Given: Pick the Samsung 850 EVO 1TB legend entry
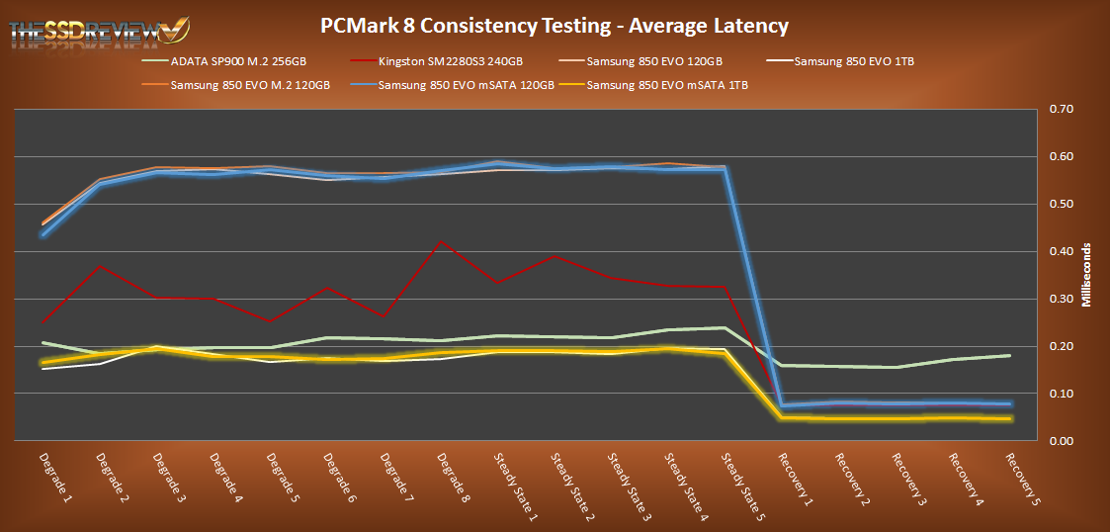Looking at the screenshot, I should (853, 62).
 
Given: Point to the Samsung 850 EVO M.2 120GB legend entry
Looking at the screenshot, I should (250, 85).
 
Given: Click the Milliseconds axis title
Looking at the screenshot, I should (1086, 275).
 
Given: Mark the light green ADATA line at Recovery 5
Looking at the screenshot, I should (1009, 355).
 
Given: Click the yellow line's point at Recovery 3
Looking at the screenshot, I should (896, 419).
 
